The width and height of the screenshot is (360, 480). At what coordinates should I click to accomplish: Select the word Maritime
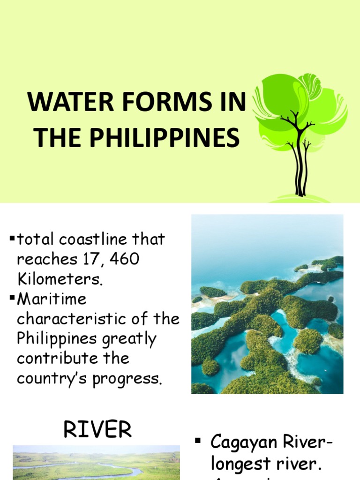point(52,299)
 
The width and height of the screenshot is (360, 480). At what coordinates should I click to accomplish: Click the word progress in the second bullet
point(130,378)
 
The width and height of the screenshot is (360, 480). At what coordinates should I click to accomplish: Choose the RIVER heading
point(97,429)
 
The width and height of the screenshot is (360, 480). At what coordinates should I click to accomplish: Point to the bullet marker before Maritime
point(12,299)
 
